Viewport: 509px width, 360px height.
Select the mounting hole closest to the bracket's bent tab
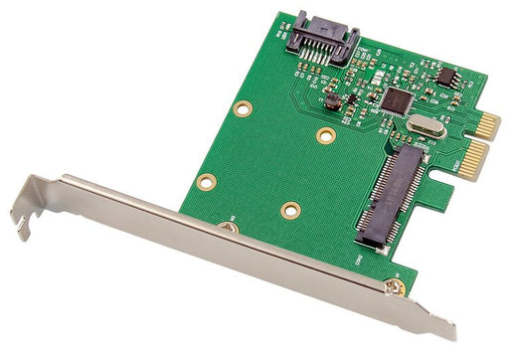point(207,181)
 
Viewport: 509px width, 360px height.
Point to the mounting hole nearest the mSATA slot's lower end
point(290,210)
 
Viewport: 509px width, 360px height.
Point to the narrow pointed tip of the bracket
point(447,333)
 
